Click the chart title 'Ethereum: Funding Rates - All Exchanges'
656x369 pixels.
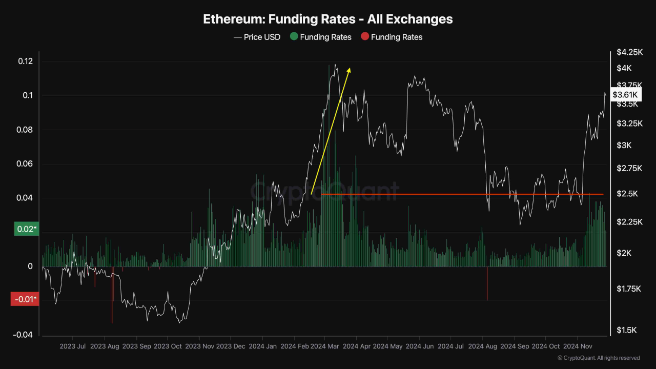coord(328,19)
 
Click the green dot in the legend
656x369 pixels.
coord(294,37)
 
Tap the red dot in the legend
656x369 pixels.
coord(365,37)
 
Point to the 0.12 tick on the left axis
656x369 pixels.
coord(25,61)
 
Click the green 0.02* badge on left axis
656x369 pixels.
coord(25,229)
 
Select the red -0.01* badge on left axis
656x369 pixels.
coord(24,299)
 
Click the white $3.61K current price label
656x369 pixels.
coord(625,95)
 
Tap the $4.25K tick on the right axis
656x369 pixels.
coord(629,52)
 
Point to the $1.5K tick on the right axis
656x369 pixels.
coord(627,331)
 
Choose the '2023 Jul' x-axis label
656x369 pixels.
coord(73,346)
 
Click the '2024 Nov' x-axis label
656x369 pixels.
coord(578,346)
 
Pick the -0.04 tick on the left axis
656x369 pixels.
coord(23,335)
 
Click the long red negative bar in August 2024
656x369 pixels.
coord(487,284)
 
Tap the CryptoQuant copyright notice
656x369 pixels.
coord(599,358)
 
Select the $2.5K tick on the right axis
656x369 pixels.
coord(627,194)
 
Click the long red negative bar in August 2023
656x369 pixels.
coord(112,296)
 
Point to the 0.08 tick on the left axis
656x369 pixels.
coord(25,130)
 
